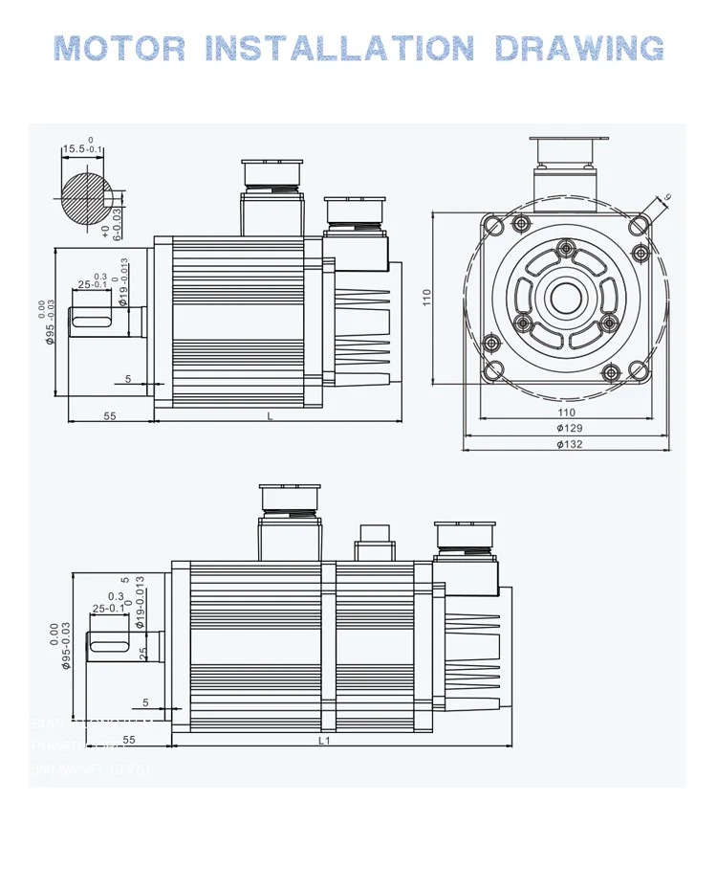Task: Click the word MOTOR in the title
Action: [x=121, y=47]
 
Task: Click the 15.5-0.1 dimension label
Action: [x=82, y=148]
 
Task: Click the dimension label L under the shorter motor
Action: [x=270, y=416]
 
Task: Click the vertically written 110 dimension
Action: [x=426, y=300]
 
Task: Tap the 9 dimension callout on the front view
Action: [x=666, y=196]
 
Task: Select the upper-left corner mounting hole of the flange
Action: [x=493, y=226]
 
